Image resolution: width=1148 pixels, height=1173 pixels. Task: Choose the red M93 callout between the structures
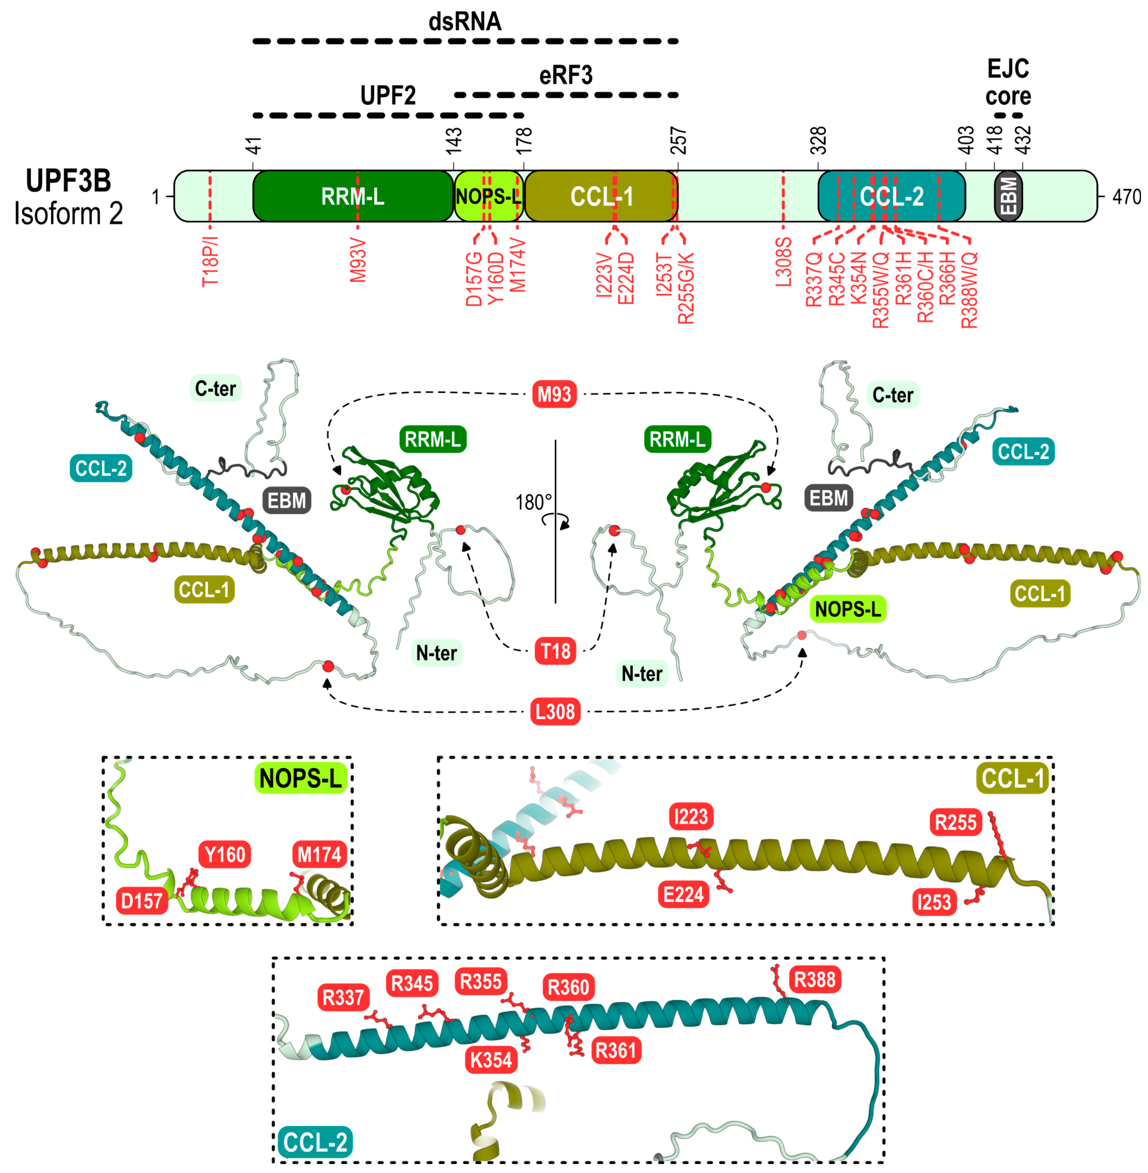[x=554, y=394]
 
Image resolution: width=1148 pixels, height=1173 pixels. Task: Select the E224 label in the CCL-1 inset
[x=683, y=894]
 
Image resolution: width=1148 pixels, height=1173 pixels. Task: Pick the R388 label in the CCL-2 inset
[x=815, y=979]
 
